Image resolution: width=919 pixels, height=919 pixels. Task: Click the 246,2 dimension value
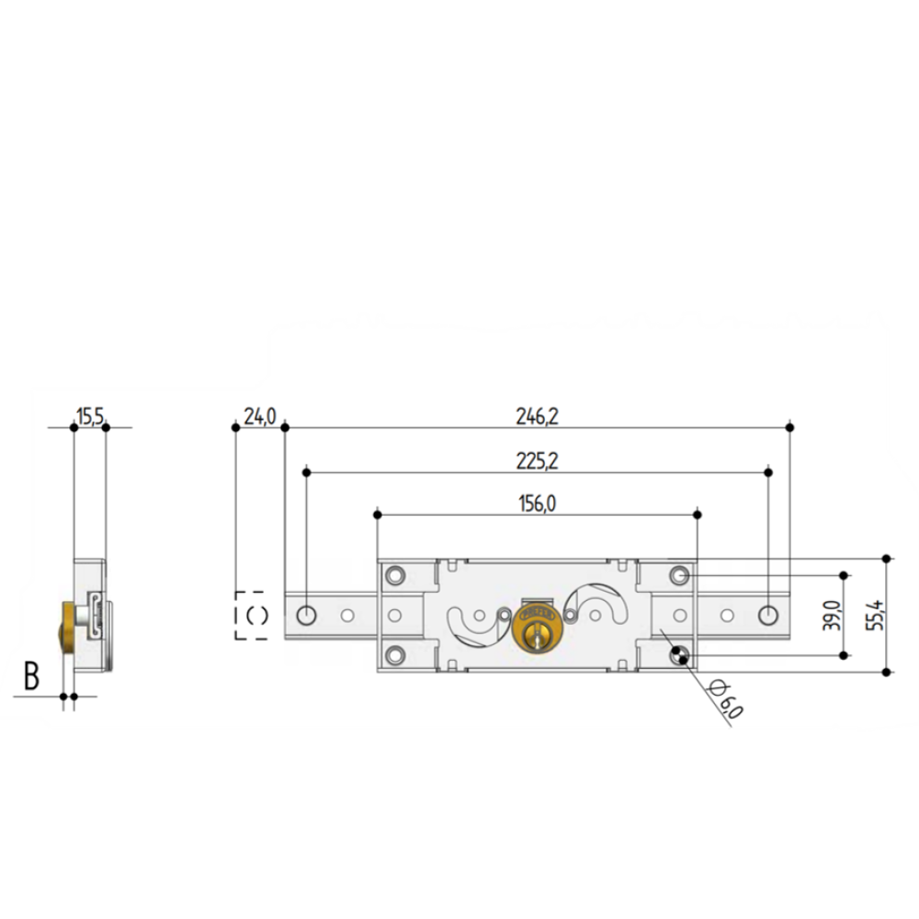click(x=538, y=416)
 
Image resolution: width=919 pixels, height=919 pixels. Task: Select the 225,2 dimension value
click(x=538, y=461)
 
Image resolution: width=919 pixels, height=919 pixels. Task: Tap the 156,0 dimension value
click(x=537, y=503)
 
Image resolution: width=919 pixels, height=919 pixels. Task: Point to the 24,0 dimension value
click(x=260, y=416)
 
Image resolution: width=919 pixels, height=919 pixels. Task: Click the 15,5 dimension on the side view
click(x=89, y=417)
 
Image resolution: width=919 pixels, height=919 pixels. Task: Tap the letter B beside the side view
click(x=31, y=676)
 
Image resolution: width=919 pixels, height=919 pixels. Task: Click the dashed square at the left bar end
click(x=251, y=615)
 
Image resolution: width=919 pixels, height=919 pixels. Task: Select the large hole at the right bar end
click(x=768, y=614)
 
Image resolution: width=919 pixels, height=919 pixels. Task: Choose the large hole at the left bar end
click(x=306, y=614)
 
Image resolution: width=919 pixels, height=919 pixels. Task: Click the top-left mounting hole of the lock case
click(x=395, y=574)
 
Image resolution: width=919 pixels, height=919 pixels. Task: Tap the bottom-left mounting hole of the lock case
click(x=395, y=654)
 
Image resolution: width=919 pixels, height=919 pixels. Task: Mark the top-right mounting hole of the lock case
click(x=680, y=574)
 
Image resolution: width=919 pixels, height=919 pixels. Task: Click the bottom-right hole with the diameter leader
click(x=679, y=655)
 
